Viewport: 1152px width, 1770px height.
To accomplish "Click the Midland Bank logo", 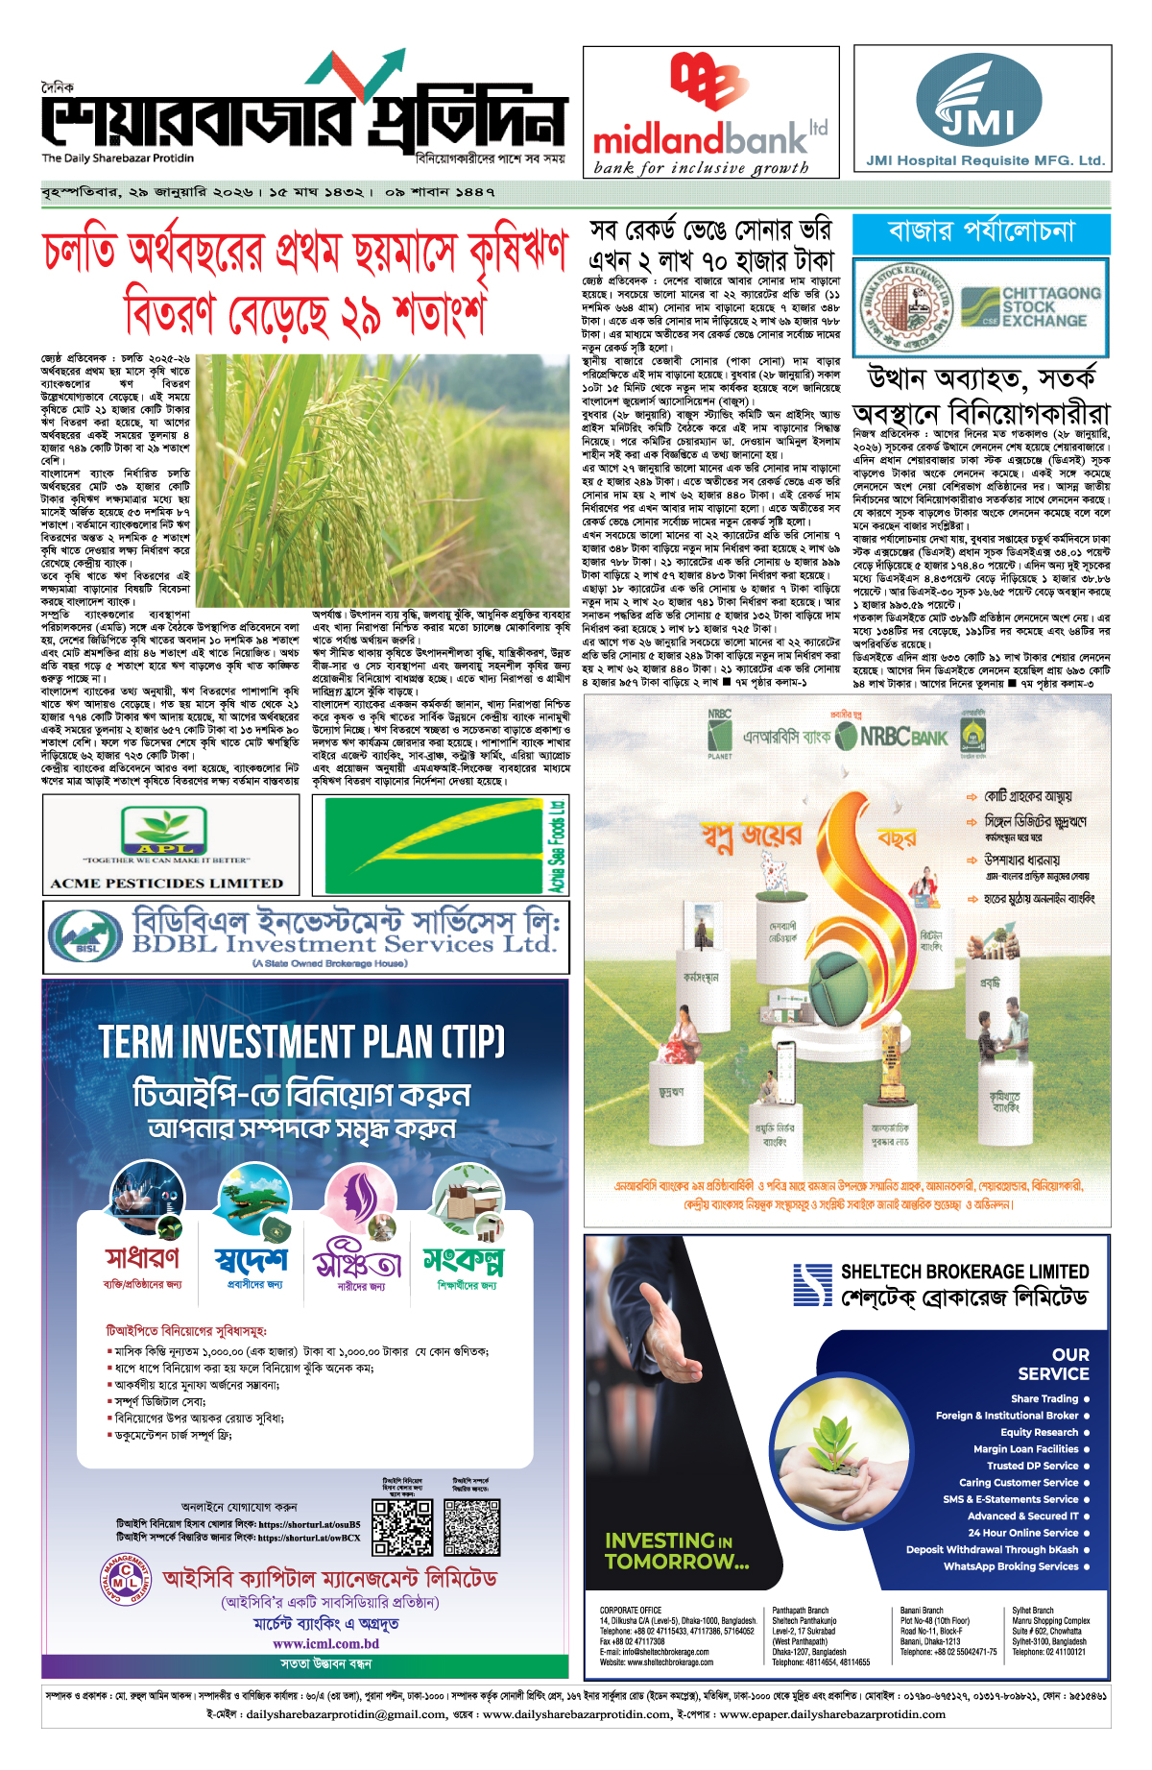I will click(710, 110).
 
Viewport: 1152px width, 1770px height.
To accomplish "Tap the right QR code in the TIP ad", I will click(471, 1527).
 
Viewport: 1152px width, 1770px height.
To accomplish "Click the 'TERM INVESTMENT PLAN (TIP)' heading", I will click(302, 1043).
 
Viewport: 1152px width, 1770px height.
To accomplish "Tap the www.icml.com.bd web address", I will click(325, 1643).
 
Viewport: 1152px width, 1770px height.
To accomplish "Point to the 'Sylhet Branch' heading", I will click(1033, 1611).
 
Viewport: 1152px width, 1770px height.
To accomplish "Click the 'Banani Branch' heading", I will click(922, 1611).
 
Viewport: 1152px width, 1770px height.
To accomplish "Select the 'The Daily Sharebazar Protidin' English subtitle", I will click(117, 158).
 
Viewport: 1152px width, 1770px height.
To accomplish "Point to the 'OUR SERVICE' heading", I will click(1053, 1364).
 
